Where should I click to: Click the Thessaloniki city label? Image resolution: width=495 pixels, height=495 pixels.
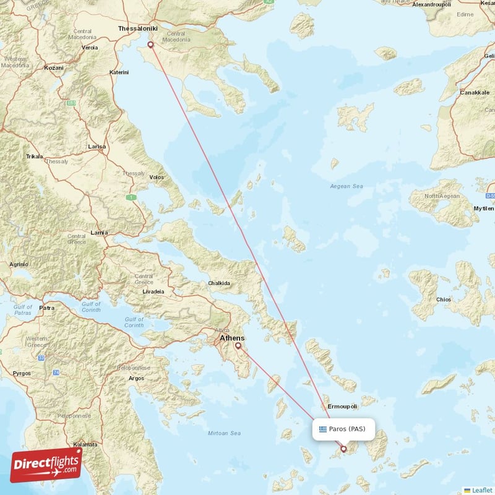coord(138,28)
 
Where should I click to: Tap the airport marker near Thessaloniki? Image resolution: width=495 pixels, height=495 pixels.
coord(150,45)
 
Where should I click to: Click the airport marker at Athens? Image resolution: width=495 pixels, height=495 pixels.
coord(238,346)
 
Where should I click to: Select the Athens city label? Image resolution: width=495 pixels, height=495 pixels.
coord(232,338)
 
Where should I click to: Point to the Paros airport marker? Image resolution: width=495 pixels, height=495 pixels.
coord(344,449)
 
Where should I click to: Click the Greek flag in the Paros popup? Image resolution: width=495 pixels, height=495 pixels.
coord(322,429)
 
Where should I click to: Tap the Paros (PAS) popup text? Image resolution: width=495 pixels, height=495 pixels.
coord(347,429)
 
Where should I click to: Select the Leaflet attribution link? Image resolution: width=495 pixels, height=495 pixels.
coord(481,490)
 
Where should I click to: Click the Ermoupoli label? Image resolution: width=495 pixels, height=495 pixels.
coord(342,407)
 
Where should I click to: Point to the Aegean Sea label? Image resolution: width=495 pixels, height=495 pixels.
coord(346,186)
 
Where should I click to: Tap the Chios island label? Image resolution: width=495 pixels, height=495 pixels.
coord(444,299)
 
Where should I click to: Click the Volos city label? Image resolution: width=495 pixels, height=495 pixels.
coord(157,178)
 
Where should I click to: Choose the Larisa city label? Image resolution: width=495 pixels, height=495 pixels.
coord(97,147)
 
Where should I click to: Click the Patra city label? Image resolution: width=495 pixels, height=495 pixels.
coord(47,308)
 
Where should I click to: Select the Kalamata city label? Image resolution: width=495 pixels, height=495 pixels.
coord(85,445)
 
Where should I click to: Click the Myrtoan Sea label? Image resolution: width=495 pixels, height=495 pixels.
coord(225,433)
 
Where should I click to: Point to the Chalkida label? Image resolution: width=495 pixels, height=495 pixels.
coord(219,283)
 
